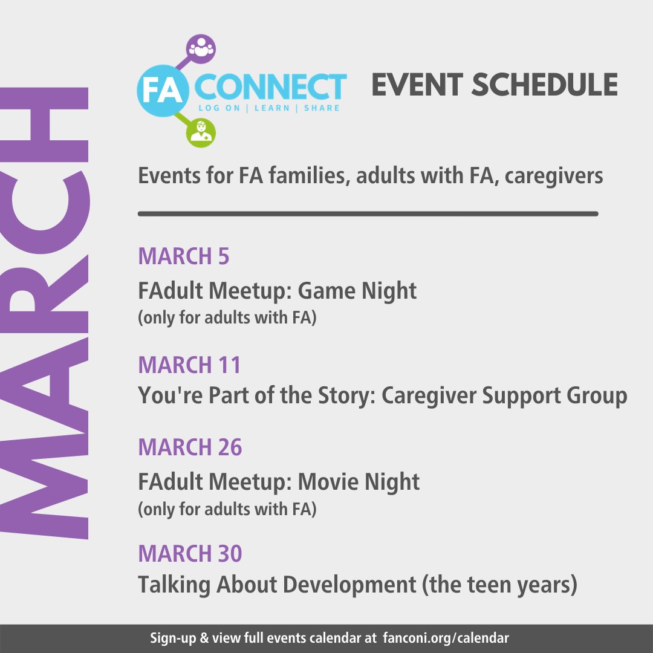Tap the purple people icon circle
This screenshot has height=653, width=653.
(201, 50)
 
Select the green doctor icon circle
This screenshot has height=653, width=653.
(200, 132)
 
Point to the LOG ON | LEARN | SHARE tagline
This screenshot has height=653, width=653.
(270, 108)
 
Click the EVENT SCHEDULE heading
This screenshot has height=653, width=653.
(494, 85)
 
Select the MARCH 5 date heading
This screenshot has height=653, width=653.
(184, 256)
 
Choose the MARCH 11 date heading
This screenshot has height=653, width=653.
(189, 365)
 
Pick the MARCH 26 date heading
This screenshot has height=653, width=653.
(190, 447)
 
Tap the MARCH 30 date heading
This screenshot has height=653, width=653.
(190, 553)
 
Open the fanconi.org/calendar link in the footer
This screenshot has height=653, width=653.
(446, 638)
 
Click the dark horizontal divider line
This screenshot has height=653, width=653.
(368, 213)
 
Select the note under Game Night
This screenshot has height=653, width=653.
(227, 318)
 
